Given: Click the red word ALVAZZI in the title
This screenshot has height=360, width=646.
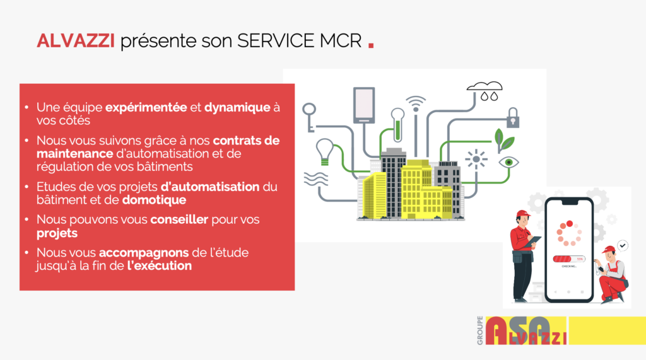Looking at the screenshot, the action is pos(76,41).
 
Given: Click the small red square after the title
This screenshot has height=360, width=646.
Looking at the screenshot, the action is pos(371,45).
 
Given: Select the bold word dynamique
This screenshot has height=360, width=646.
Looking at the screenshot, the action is pos(237,108).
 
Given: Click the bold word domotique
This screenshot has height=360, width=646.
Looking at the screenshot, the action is pos(154,200).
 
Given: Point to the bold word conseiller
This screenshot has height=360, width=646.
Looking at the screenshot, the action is pos(179,219).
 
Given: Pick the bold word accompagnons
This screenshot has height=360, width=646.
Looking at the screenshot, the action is pos(144,253).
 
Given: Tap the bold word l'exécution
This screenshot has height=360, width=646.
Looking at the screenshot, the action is pos(160,265).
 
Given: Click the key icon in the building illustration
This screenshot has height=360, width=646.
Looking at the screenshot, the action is pos(309,117).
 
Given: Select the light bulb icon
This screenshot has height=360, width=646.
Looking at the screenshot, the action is pos(324,151).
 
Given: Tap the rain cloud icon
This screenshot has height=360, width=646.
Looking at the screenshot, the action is pos(485,91).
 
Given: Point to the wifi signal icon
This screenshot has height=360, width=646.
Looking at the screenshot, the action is pos(416,104).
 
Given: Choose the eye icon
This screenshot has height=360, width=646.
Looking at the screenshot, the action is pos(509,162).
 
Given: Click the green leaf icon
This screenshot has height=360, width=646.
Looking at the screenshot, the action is pos(503,141).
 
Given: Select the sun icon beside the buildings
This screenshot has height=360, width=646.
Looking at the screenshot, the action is pos(476,159).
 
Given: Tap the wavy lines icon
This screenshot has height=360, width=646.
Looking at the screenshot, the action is pos(316,179).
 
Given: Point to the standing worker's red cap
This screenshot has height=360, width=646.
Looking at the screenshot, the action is pos(523,214).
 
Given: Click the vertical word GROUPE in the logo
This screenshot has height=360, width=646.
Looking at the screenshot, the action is pos(480,330).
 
